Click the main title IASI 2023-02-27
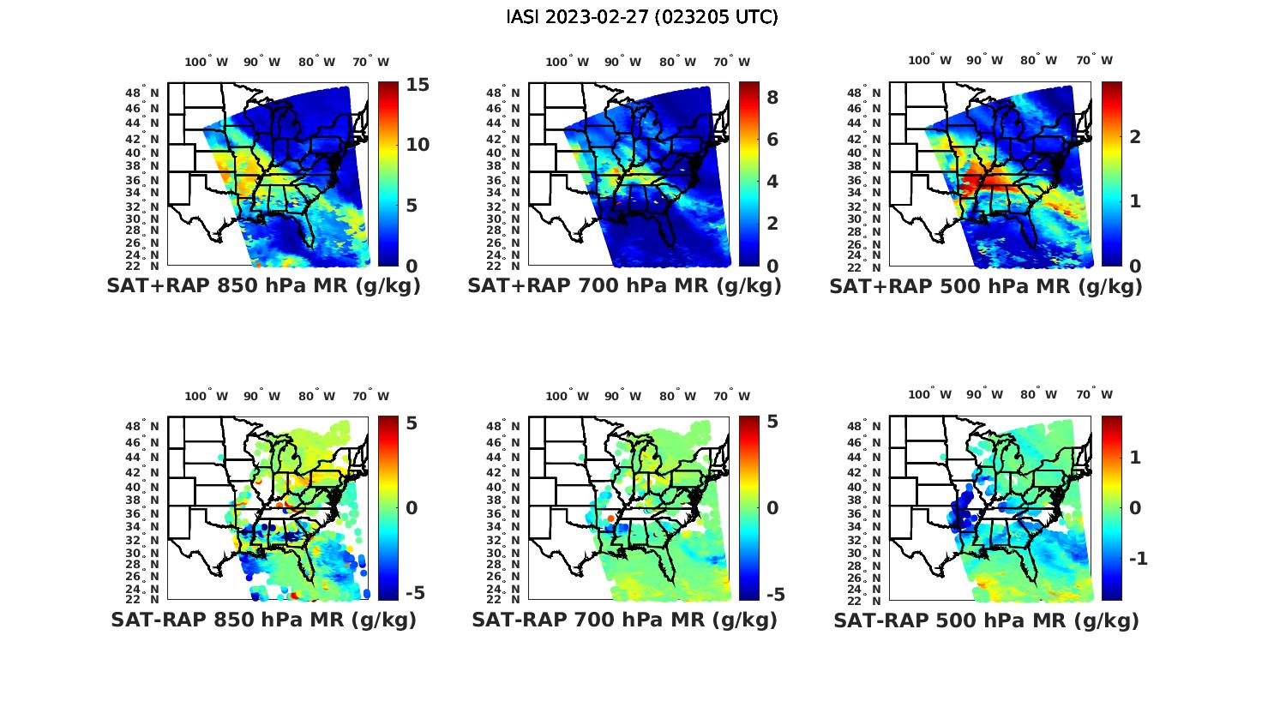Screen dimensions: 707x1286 pyautogui.click(x=642, y=17)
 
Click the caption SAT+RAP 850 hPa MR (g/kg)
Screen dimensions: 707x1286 pyautogui.click(x=264, y=286)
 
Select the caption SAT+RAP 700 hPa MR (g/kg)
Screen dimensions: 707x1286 pyautogui.click(x=624, y=286)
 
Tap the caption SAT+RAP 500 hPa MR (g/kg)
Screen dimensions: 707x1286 pyautogui.click(x=986, y=286)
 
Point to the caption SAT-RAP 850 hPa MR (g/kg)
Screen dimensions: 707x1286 pyautogui.click(x=264, y=620)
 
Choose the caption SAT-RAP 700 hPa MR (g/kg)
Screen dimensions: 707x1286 pyautogui.click(x=624, y=620)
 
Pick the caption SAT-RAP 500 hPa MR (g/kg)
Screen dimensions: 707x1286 pyautogui.click(x=986, y=620)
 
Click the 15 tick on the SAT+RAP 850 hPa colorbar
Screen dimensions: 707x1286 pyautogui.click(x=418, y=85)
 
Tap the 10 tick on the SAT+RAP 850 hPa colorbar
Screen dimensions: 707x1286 pyautogui.click(x=418, y=144)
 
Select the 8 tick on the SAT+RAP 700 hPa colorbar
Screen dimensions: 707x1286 pyautogui.click(x=772, y=98)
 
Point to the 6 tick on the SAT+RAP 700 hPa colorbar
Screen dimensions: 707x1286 pyautogui.click(x=772, y=140)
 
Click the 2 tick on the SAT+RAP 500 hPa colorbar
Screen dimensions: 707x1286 pyautogui.click(x=1135, y=137)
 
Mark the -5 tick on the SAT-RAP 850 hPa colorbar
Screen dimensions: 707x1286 pyautogui.click(x=414, y=593)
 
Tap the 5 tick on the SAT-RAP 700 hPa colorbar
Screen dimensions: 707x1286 pyautogui.click(x=772, y=422)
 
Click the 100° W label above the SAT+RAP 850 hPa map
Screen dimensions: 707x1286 pyautogui.click(x=207, y=62)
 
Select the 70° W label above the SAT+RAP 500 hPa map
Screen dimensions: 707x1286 pyautogui.click(x=1094, y=60)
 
